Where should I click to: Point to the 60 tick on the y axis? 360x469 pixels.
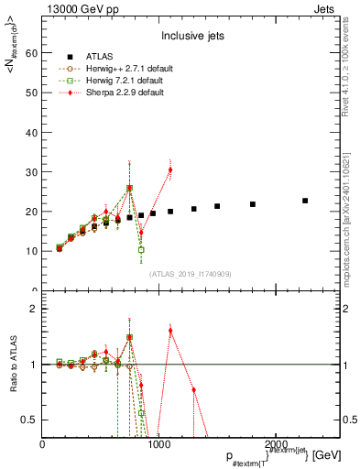coord(30,53)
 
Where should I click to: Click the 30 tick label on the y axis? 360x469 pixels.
coord(30,172)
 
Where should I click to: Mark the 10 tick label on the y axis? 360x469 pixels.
coord(30,251)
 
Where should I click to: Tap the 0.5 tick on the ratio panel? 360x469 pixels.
coord(28,420)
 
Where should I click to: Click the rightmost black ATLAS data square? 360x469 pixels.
coord(305,201)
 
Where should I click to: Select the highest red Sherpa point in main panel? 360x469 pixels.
coord(170,170)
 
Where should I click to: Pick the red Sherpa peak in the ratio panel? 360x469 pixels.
coord(170,330)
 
